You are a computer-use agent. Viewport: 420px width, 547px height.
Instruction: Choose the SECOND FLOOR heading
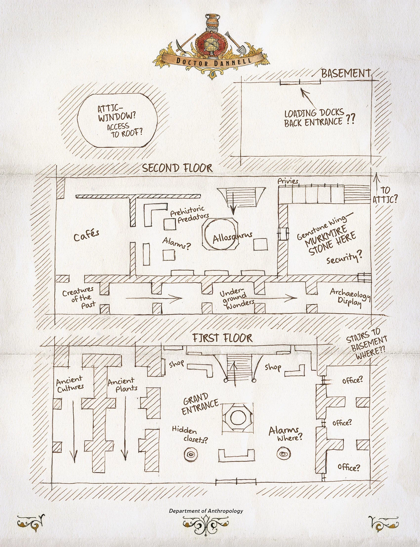coord(177,168)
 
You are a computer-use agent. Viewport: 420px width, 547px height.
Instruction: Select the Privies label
coord(288,181)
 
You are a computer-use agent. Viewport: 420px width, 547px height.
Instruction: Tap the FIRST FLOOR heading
coord(222,338)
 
